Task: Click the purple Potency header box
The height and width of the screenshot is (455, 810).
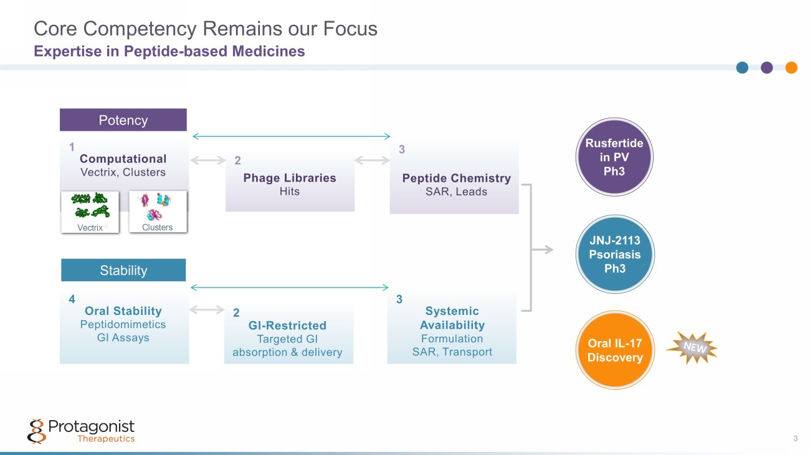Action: [123, 120]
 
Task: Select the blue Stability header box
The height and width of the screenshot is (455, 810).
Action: [123, 270]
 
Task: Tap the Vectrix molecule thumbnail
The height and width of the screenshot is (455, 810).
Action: [90, 212]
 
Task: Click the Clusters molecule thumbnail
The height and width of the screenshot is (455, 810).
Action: [158, 212]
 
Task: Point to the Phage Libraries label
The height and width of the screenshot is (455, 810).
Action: [290, 178]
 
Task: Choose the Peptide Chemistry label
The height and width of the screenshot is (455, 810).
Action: [456, 178]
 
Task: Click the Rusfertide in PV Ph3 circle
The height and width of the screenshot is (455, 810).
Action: [614, 157]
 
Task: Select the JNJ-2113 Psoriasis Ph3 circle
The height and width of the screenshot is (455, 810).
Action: [615, 254]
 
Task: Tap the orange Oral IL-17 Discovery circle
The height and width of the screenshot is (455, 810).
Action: [615, 350]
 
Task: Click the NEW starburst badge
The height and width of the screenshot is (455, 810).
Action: [692, 347]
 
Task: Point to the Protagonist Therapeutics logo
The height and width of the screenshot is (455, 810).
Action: [81, 431]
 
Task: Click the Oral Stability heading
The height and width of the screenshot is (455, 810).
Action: [123, 311]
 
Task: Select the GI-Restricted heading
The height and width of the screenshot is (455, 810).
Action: [287, 326]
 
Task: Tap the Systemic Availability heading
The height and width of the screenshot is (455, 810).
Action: [452, 318]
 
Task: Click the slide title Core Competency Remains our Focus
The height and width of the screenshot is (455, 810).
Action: [206, 29]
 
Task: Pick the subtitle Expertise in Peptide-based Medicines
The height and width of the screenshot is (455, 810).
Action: [169, 51]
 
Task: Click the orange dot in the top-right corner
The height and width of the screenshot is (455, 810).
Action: [791, 68]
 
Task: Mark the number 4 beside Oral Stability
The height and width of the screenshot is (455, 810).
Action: [72, 299]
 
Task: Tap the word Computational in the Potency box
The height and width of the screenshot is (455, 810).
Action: [123, 159]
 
